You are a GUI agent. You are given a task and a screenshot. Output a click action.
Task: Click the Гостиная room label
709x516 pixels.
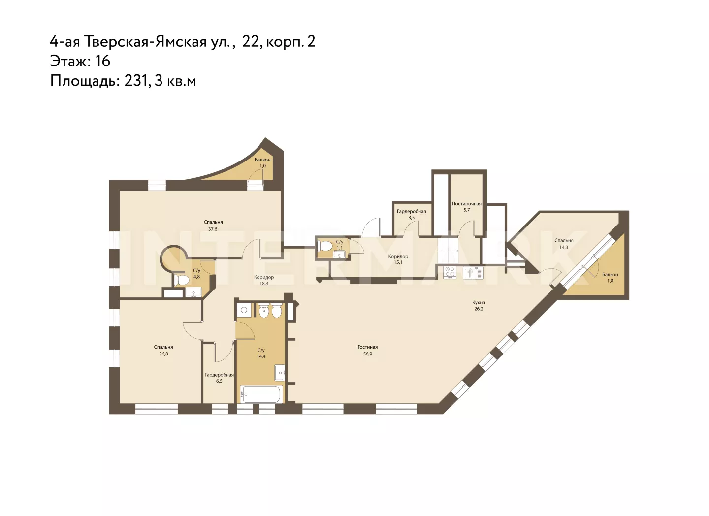tap(367, 347)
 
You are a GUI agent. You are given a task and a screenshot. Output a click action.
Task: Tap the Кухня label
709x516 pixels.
tap(479, 303)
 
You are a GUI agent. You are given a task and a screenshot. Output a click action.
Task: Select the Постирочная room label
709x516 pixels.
tap(467, 204)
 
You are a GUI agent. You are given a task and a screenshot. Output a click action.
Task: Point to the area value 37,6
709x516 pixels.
tap(213, 229)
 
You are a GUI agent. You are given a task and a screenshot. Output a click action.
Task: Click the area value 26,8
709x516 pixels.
tap(163, 354)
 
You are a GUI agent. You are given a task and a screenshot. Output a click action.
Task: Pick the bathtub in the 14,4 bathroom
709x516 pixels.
tap(260, 394)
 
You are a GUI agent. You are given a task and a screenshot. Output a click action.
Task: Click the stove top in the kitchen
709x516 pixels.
tap(450, 273)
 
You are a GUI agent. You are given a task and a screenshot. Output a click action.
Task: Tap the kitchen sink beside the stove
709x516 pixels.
tap(474, 273)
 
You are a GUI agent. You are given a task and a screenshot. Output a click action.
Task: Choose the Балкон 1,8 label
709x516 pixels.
tap(610, 278)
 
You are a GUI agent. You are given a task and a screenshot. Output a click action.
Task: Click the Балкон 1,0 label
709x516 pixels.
tap(262, 162)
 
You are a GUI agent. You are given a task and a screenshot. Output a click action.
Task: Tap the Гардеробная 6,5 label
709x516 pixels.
tap(219, 378)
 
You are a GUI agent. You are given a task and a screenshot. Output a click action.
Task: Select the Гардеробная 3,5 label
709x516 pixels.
tap(412, 214)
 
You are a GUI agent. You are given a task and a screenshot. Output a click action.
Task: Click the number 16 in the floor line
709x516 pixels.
tap(102, 61)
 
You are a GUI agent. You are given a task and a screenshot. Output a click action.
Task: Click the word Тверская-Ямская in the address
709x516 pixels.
tap(145, 42)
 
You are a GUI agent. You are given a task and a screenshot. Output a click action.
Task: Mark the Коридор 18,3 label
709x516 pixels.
tap(264, 280)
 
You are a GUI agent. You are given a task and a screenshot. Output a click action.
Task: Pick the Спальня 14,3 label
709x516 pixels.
tap(564, 244)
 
